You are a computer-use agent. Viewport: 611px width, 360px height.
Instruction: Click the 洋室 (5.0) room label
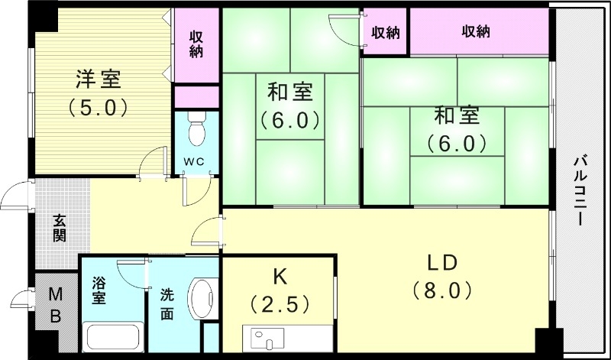(x=98, y=91)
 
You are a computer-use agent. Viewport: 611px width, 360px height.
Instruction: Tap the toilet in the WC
(x=197, y=131)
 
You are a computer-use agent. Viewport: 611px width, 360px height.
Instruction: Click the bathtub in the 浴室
(x=112, y=336)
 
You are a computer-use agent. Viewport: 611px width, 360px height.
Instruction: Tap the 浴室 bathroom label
(x=100, y=290)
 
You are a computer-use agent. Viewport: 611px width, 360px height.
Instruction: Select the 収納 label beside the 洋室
(x=197, y=44)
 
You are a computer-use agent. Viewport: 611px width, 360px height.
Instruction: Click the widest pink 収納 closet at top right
(x=476, y=31)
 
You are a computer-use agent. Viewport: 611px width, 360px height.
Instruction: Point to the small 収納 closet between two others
(x=386, y=32)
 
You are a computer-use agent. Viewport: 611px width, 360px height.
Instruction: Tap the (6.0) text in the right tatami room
(x=456, y=142)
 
